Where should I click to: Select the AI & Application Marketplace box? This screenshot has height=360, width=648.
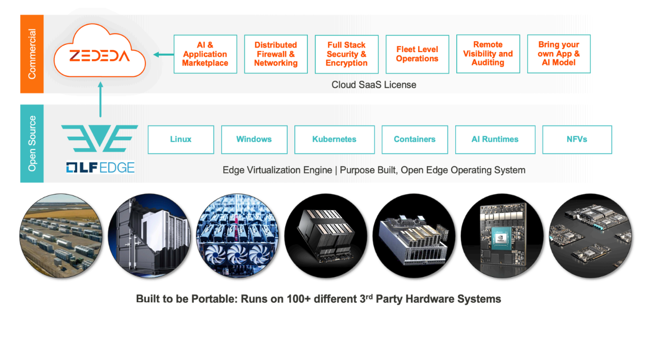click(205, 54)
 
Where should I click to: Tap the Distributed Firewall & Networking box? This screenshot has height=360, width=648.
click(276, 54)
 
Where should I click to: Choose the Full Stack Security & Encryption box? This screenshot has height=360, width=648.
click(346, 54)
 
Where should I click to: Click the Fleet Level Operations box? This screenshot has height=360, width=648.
click(417, 54)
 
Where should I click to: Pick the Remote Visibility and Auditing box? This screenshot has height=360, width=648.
click(488, 54)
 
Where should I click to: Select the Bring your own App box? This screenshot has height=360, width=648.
click(559, 54)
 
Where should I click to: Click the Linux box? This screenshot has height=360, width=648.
click(180, 139)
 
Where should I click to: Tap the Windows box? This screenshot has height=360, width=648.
click(254, 139)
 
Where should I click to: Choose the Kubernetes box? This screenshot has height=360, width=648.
click(334, 139)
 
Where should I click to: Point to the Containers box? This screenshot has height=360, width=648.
click(414, 139)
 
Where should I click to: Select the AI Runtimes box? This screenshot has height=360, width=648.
click(495, 139)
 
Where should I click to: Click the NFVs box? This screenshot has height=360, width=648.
click(577, 139)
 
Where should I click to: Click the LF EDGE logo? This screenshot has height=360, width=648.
click(101, 168)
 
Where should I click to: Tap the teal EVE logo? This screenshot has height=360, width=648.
click(99, 138)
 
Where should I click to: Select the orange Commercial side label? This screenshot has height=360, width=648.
click(32, 54)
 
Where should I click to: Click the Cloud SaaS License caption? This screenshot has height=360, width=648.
click(374, 85)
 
